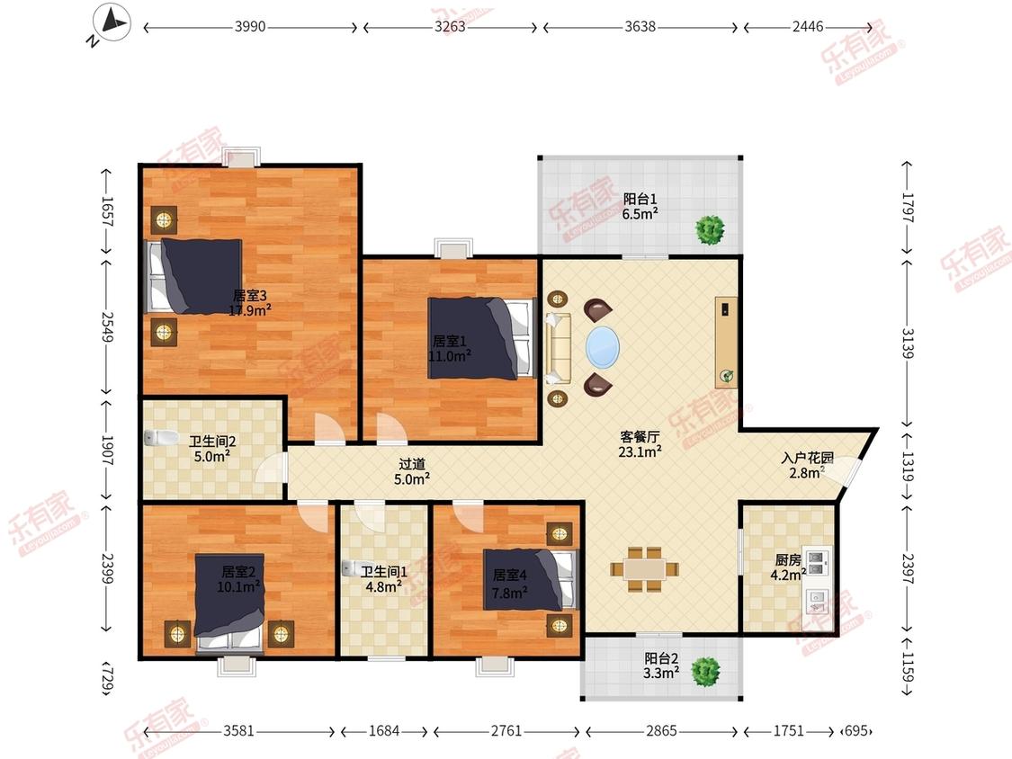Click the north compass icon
pyautogui.click(x=111, y=24)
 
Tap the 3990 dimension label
pyautogui.click(x=250, y=26)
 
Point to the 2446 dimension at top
pyautogui.click(x=808, y=26)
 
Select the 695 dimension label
pyautogui.click(x=855, y=730)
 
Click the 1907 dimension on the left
pyautogui.click(x=107, y=450)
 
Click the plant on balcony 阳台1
pyautogui.click(x=710, y=229)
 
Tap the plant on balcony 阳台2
pyautogui.click(x=705, y=672)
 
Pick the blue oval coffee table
pyautogui.click(x=603, y=348)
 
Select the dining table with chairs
pyautogui.click(x=645, y=568)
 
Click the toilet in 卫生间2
pyautogui.click(x=161, y=438)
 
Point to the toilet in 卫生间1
pyautogui.click(x=353, y=568)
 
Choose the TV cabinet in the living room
pyautogui.click(x=726, y=343)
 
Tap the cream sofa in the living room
pyautogui.click(x=558, y=349)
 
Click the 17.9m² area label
pyautogui.click(x=250, y=310)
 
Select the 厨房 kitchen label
pyautogui.click(x=788, y=559)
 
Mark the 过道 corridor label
pyautogui.click(x=412, y=463)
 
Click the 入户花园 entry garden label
pyautogui.click(x=807, y=459)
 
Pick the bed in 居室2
pyautogui.click(x=229, y=603)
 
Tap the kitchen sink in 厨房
pyautogui.click(x=818, y=602)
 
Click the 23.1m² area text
pyautogui.click(x=640, y=451)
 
